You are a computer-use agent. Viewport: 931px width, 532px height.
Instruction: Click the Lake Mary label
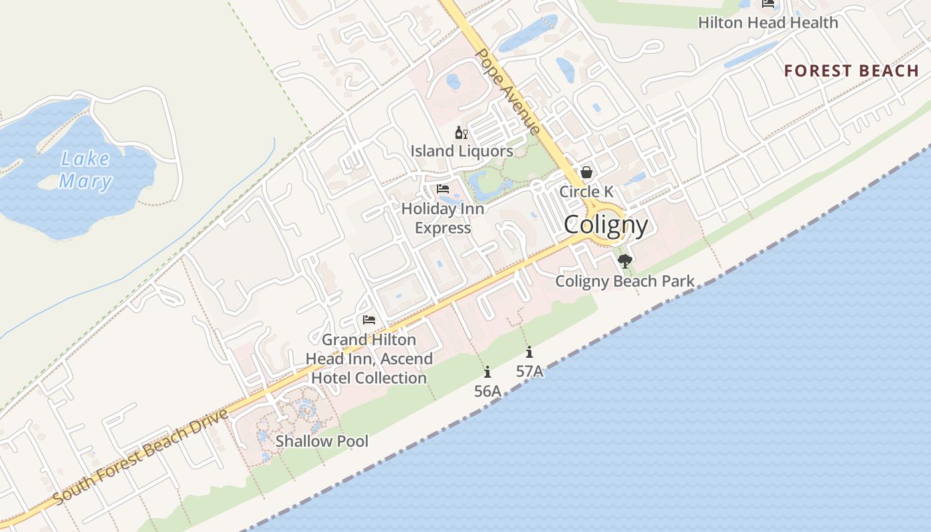coord(85,170)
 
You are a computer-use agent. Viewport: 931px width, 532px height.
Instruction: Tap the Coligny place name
coord(606,225)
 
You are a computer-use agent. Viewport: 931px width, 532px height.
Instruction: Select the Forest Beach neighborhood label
coord(851,70)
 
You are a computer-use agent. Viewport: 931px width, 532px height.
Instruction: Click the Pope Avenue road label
coord(509,92)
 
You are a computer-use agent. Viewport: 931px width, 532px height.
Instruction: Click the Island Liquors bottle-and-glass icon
coord(462,132)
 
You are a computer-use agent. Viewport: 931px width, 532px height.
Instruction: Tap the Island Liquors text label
coord(462,151)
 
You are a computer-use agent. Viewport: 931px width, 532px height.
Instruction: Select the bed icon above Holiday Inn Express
coord(443,189)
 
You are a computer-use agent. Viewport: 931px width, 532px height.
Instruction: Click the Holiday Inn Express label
coord(443,218)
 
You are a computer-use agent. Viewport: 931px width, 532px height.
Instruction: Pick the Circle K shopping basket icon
coord(587,172)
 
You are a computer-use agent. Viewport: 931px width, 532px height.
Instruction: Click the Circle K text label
coord(587,192)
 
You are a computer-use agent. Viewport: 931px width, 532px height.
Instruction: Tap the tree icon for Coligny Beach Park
coord(624,261)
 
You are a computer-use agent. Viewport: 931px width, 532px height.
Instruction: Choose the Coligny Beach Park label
coord(624,281)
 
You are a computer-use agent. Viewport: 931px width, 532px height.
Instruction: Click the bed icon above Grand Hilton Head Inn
coord(369,320)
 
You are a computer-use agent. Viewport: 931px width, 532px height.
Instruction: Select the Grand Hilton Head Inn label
coord(369,358)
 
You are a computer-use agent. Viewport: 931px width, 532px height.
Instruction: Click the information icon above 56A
coord(487,372)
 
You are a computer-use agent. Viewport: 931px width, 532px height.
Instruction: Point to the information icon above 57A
coord(529,352)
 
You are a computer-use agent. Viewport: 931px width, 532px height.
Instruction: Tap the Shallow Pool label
coord(322,441)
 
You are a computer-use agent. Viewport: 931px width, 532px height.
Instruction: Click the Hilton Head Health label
coord(767,23)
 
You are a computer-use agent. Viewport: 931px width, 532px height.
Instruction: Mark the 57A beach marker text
coord(529,372)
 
